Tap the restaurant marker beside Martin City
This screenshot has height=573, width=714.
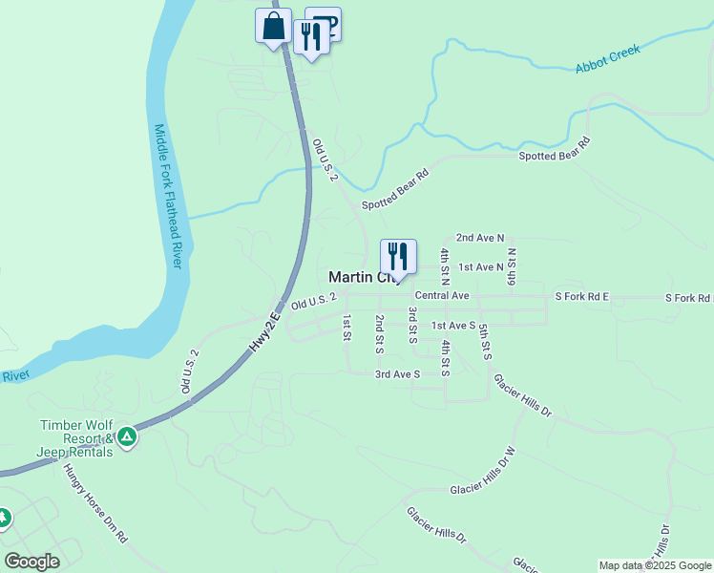coord(398,256)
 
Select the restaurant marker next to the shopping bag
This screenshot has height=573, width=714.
coord(311,37)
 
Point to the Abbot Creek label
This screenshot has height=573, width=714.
coord(607,59)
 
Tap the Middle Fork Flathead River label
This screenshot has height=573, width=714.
coord(168,196)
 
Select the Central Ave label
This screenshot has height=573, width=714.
coord(442,296)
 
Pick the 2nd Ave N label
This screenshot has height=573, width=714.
coord(479,237)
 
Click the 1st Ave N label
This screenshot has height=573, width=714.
coord(481,266)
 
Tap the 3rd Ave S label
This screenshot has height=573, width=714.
coord(398,373)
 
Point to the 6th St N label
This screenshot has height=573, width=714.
coord(512,266)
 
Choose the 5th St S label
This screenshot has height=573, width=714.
coord(486,342)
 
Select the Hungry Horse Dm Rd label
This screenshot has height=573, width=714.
coord(94,503)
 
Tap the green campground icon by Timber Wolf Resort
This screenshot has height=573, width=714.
coord(127,438)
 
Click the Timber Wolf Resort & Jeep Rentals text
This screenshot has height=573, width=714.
coord(75,438)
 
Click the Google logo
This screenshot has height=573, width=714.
coord(31,562)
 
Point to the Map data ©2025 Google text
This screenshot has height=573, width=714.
coord(654,565)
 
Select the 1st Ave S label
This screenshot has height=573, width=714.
coord(453,326)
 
